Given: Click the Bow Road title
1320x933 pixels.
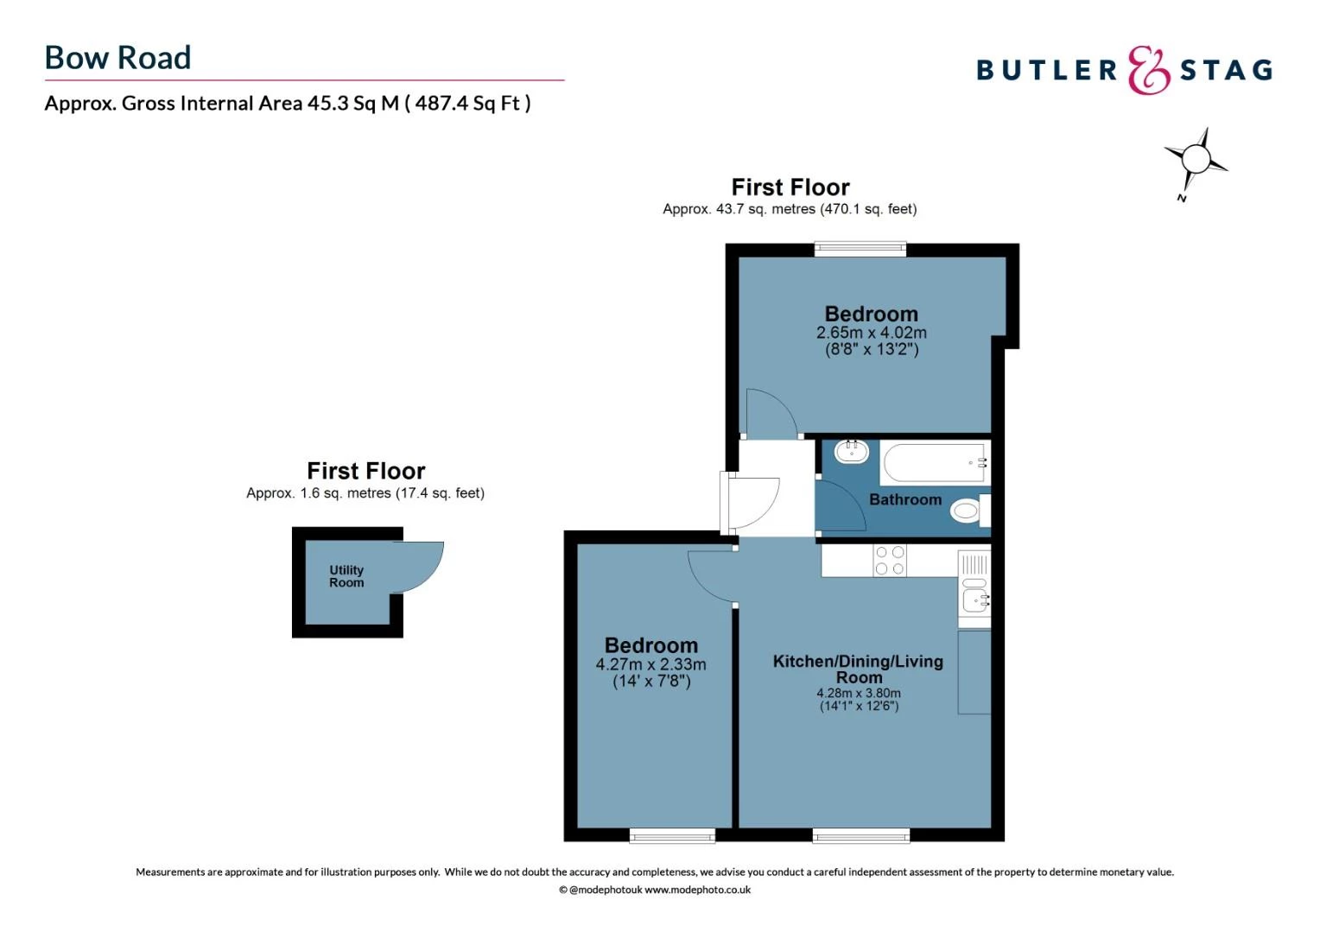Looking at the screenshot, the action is [x=117, y=58].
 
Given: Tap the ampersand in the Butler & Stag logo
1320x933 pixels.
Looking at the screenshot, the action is [x=1148, y=70].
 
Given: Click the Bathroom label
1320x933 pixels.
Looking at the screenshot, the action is [x=905, y=500].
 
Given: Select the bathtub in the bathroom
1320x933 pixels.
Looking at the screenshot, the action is [x=936, y=463].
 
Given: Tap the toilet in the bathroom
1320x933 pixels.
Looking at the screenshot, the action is [x=970, y=510].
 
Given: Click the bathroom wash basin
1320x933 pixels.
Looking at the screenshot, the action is [x=852, y=452].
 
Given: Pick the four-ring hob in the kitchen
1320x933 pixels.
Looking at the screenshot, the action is [x=890, y=560].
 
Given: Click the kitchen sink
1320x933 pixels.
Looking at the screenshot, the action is [x=974, y=589].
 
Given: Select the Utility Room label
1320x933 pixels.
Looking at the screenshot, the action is [x=346, y=576].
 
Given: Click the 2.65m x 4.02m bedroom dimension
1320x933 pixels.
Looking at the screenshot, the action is [x=871, y=333].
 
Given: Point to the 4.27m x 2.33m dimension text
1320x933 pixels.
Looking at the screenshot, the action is [x=650, y=664].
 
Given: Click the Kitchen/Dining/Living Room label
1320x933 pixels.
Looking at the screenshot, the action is [x=858, y=670].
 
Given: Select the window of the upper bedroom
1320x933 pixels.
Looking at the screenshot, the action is [x=860, y=249].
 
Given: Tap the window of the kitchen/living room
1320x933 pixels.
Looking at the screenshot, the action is [x=861, y=835].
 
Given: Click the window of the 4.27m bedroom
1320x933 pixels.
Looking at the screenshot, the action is [x=672, y=835].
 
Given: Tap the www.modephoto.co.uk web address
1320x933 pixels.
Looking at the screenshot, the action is [x=697, y=890].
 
